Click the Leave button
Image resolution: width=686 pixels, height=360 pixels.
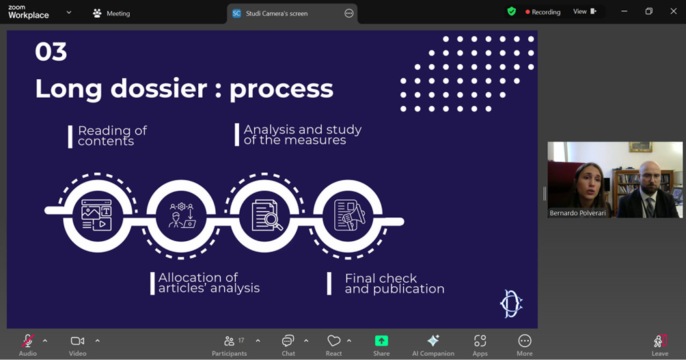coord(660,345)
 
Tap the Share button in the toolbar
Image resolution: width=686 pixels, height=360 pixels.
coord(381,345)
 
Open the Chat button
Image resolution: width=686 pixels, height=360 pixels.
coord(288,345)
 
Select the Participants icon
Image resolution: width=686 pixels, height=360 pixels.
coord(229,341)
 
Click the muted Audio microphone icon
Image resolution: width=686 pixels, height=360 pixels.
coord(27,341)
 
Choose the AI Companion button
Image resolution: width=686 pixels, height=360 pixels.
coord(433,345)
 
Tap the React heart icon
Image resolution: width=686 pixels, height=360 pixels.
coord(334,341)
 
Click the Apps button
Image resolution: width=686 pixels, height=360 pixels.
coord(480,345)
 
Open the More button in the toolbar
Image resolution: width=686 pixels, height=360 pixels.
coord(525,345)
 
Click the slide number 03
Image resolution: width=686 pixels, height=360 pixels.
coord(51,52)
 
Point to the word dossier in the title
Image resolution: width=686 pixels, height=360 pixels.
coord(159,88)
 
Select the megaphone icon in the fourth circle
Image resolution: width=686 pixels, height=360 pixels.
coord(349,214)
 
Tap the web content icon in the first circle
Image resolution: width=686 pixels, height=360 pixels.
coord(97,214)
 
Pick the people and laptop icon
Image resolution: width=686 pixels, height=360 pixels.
coord(182,214)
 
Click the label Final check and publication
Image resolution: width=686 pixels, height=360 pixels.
coord(394,283)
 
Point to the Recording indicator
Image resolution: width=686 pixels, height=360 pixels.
coord(543,12)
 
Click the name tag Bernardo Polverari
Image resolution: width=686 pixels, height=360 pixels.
coord(577,213)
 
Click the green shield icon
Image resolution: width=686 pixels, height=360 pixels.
coord(512,12)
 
